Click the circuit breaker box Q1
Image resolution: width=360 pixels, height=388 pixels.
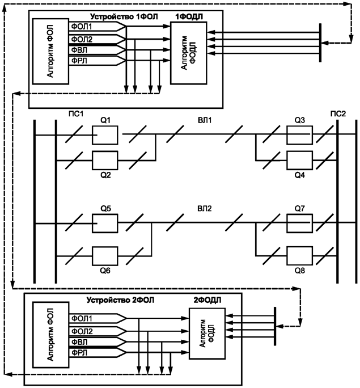pyautogui.click(x=105, y=136)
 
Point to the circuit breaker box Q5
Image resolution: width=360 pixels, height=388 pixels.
pyautogui.click(x=105, y=224)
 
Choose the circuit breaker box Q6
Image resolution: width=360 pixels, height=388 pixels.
pyautogui.click(x=105, y=255)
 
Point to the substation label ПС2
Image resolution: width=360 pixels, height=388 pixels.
pyautogui.click(x=338, y=114)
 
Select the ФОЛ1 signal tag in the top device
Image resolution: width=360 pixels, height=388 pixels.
pyautogui.click(x=81, y=27)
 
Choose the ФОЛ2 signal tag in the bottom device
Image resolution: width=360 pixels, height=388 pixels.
pyautogui.click(x=82, y=331)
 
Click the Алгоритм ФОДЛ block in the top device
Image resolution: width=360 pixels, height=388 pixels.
pyautogui.click(x=189, y=54)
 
